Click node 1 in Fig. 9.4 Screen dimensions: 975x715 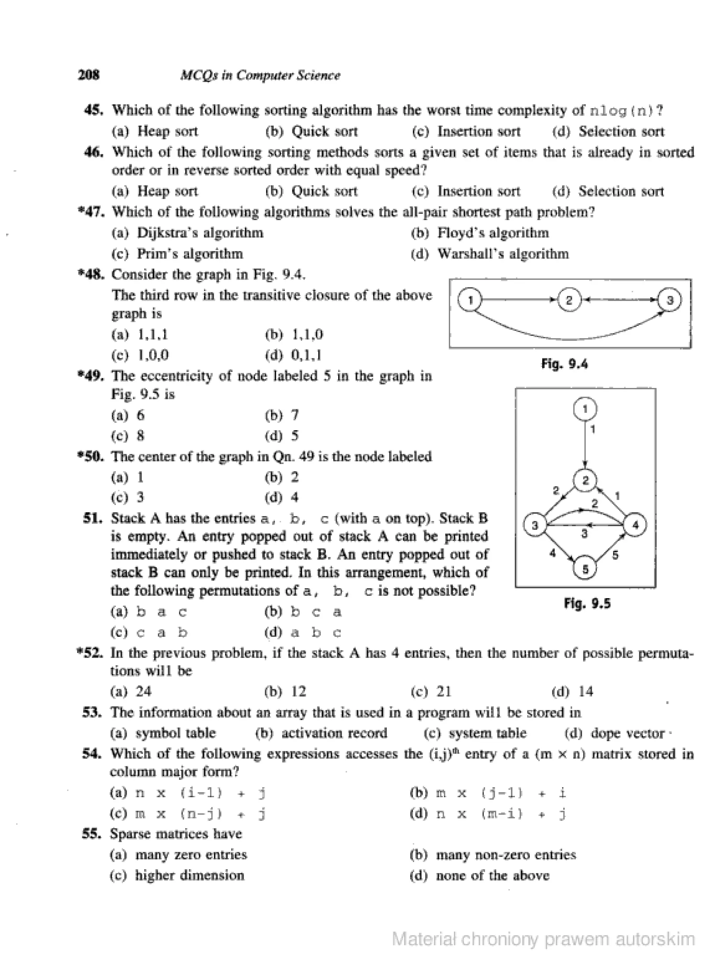[x=470, y=300]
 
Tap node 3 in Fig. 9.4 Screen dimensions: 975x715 [x=670, y=300]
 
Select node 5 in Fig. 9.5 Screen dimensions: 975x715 [x=585, y=569]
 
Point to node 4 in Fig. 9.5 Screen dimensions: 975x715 [x=635, y=525]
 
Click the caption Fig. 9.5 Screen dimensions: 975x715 [x=587, y=603]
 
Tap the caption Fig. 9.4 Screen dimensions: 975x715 [x=565, y=364]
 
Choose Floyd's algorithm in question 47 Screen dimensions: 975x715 [x=493, y=233]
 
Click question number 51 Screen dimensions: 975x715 [x=93, y=518]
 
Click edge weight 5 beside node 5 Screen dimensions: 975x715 [x=616, y=555]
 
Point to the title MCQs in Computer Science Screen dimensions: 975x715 [x=260, y=75]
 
